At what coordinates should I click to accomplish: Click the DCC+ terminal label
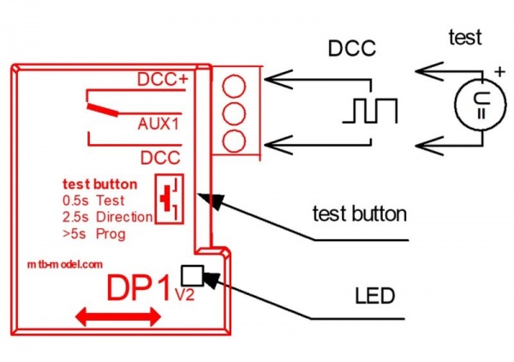pos(163,79)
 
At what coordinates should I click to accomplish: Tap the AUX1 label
pos(158,124)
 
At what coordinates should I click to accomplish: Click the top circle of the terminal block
pos(234,86)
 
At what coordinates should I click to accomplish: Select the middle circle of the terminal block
pos(234,113)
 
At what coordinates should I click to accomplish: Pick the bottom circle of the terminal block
pos(234,141)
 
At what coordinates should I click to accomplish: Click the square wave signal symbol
pos(370,111)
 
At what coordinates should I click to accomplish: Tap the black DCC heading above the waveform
pos(352,48)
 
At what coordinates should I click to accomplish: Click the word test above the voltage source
pos(465,37)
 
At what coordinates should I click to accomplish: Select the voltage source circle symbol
pos(481,105)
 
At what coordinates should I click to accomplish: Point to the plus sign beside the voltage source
pos(499,71)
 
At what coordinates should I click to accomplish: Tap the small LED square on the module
pos(193,275)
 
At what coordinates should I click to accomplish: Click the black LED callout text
pos(374,296)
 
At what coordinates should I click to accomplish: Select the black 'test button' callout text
pos(360,214)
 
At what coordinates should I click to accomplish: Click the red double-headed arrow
pos(118,317)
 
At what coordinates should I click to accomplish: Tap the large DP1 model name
pos(140,288)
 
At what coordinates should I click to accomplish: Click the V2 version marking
pos(185,295)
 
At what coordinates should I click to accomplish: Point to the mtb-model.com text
pos(65,264)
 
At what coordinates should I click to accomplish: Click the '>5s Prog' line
pos(94,234)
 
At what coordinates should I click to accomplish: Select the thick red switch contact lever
pos(103,111)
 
